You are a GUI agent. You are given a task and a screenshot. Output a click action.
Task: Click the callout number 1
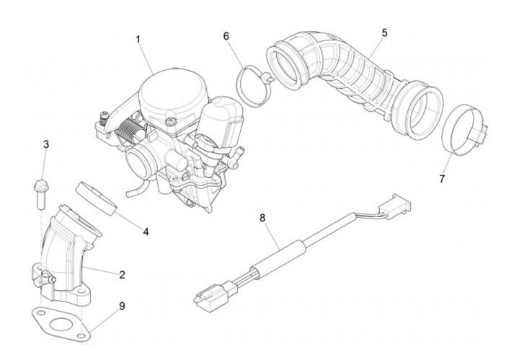[x=138, y=40]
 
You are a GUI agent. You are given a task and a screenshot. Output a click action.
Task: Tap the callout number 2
[x=122, y=274]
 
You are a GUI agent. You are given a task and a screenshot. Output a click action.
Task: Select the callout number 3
[x=46, y=144]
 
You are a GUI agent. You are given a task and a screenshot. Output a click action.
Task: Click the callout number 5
[x=384, y=32]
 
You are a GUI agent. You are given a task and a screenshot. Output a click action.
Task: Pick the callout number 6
[x=226, y=35]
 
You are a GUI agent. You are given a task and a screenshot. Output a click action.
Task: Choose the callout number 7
[x=442, y=177]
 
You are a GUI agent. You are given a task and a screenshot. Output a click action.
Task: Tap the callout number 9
[x=122, y=306]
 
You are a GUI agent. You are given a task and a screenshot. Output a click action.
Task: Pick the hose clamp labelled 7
[x=462, y=126]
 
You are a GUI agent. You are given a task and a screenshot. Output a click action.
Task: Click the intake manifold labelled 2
[x=67, y=256]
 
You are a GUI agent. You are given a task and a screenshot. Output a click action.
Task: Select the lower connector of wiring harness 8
[x=210, y=296]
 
